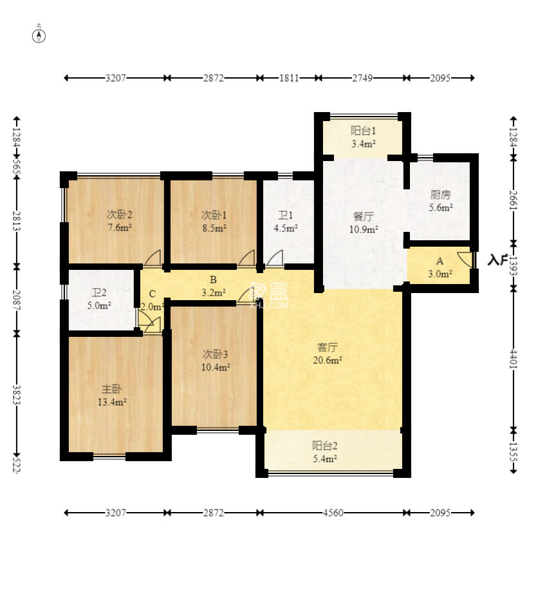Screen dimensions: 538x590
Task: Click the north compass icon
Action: click(x=39, y=35)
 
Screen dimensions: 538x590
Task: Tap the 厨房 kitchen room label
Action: click(x=440, y=201)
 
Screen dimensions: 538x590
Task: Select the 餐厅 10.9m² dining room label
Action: click(x=363, y=223)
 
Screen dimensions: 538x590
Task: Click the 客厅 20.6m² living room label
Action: click(x=327, y=354)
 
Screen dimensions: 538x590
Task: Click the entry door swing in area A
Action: click(x=465, y=260)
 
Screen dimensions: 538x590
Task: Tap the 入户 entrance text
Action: click(x=497, y=260)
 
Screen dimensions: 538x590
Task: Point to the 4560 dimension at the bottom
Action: click(x=333, y=513)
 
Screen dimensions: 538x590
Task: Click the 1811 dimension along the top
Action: click(x=289, y=78)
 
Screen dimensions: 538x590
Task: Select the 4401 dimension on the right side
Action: click(x=513, y=359)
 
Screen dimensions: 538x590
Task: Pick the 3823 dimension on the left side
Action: click(x=16, y=394)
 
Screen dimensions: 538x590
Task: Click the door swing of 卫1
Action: click(x=275, y=258)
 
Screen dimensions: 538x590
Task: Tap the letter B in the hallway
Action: click(x=213, y=280)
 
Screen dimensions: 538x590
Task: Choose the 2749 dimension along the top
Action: click(x=362, y=78)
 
